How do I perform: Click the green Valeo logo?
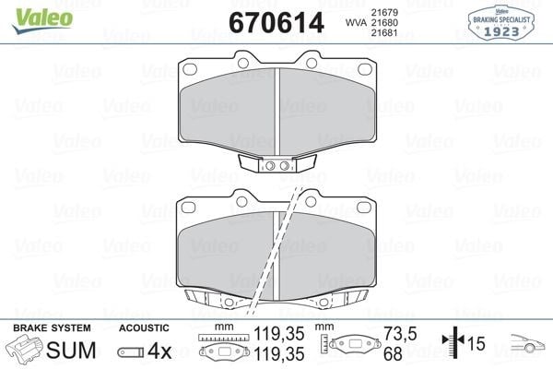pyautogui.click(x=42, y=19)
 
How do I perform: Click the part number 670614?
pyautogui.click(x=276, y=22)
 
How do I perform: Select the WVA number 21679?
pyautogui.click(x=384, y=12)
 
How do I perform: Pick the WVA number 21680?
pyautogui.click(x=384, y=22)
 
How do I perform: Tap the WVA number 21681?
pyautogui.click(x=384, y=33)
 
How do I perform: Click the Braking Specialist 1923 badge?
pyautogui.click(x=501, y=23)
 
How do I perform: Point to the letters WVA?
pyautogui.click(x=356, y=22)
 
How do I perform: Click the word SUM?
pyautogui.click(x=71, y=350)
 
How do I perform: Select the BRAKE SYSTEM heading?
pyautogui.click(x=52, y=328)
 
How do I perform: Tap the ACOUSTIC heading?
pyautogui.click(x=144, y=328)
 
